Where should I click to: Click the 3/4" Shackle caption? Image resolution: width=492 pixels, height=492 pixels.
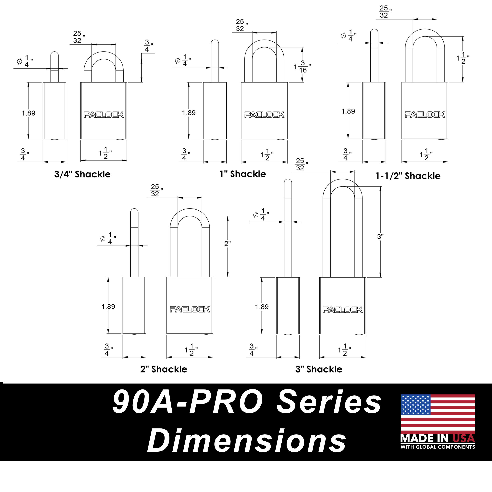click(x=82, y=174)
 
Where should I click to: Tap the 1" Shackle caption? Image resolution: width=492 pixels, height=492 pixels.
click(x=243, y=174)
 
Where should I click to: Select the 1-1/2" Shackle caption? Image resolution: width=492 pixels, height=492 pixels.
click(x=408, y=176)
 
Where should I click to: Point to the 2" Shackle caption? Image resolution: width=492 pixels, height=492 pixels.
click(x=164, y=369)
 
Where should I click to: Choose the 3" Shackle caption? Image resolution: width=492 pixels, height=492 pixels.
click(x=319, y=369)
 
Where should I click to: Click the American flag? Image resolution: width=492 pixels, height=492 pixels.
click(x=438, y=414)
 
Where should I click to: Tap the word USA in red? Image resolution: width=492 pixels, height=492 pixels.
click(x=463, y=438)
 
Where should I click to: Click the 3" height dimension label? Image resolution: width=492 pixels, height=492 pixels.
click(x=380, y=237)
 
